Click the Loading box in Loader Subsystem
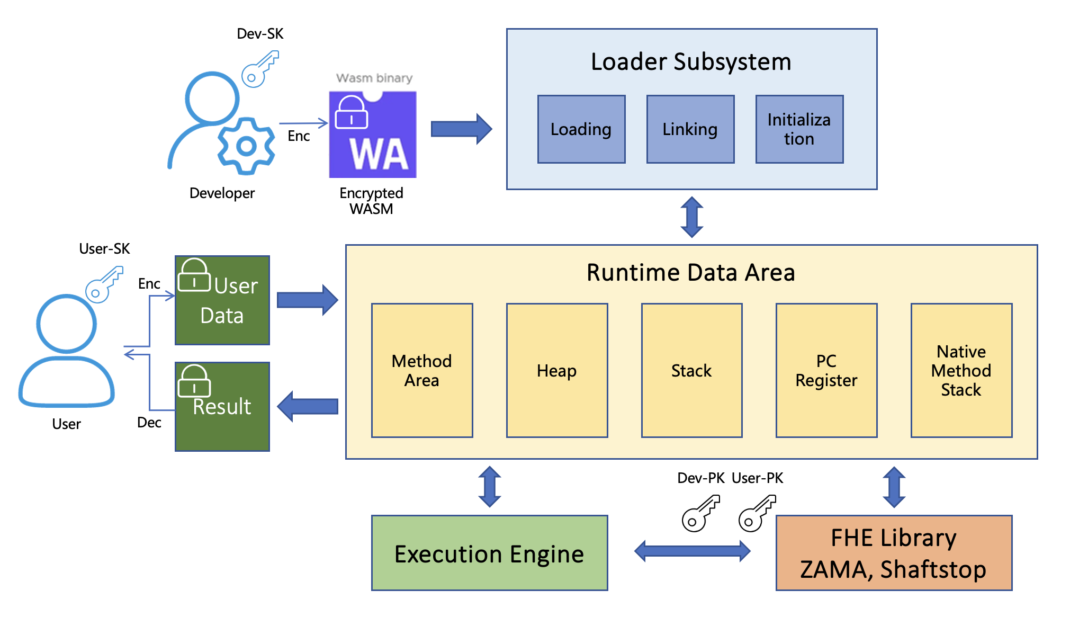581,129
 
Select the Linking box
690,129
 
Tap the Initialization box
799,129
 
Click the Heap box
556,370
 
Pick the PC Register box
826,370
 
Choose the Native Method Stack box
961,370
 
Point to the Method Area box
421,370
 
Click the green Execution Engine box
489,552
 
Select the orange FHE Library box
893,552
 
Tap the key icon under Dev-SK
260,69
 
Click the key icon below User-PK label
757,513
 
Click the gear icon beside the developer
246,146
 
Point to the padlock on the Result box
194,381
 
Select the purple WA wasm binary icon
373,135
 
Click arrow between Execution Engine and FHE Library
692,551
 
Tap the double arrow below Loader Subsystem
691,217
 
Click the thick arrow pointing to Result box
308,406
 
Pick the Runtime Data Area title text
690,273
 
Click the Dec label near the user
149,422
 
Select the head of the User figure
67,323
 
